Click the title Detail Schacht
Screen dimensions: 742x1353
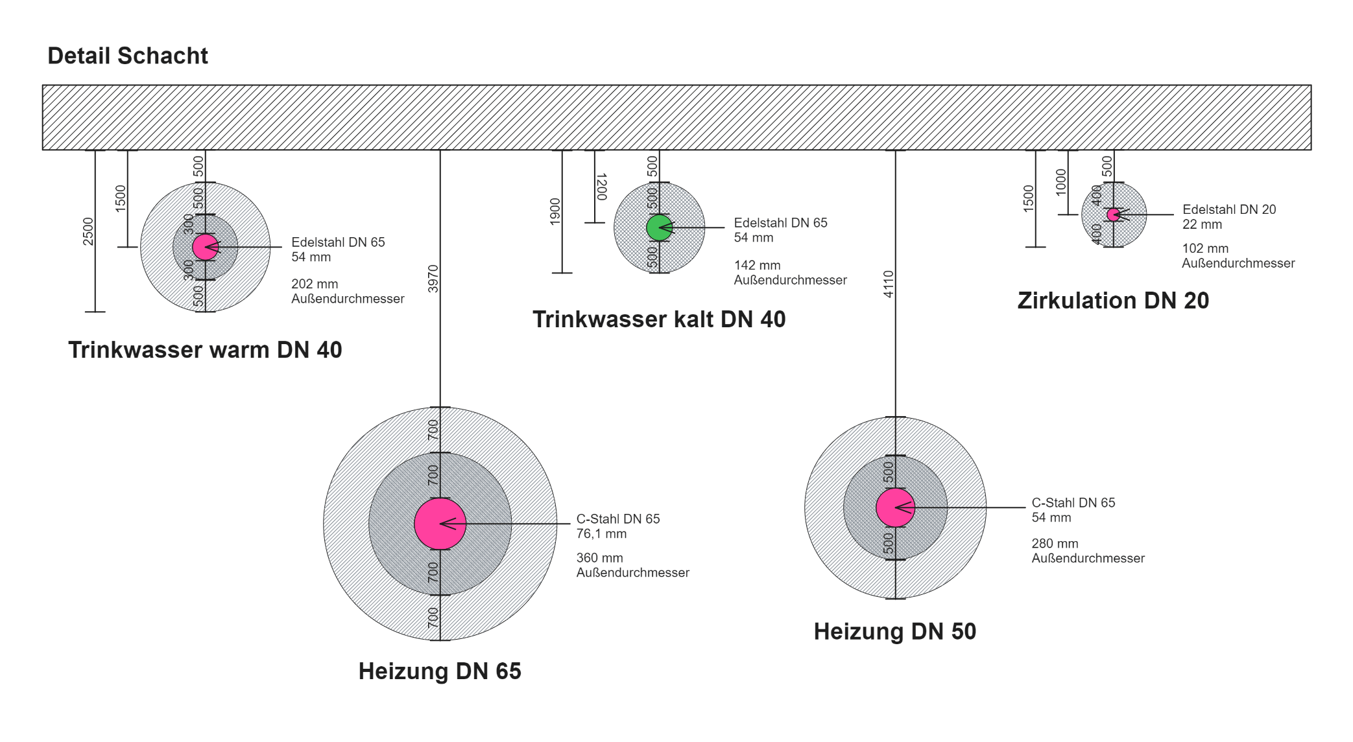tap(128, 56)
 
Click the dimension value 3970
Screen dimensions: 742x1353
tap(433, 279)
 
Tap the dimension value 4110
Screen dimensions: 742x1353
tap(889, 284)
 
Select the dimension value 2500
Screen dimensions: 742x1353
tap(88, 231)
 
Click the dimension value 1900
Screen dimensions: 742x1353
tap(555, 211)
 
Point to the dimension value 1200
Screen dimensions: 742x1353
tap(601, 187)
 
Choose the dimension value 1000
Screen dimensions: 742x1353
tap(1061, 182)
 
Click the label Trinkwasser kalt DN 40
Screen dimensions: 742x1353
tap(659, 319)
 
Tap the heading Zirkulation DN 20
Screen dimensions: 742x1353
tap(1113, 301)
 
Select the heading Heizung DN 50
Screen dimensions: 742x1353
tap(895, 631)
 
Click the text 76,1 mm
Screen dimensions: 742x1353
tap(601, 534)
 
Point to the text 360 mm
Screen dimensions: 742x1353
tap(599, 558)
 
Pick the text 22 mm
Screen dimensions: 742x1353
tap(1202, 225)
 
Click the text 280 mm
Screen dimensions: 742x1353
tap(1055, 544)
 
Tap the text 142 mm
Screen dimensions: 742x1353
tap(757, 265)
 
